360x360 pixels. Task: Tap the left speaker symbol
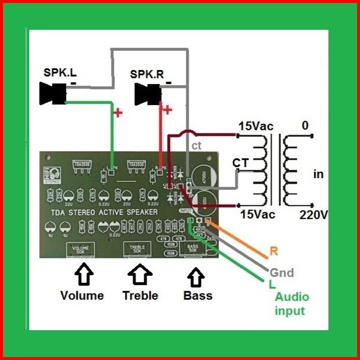tap(53, 94)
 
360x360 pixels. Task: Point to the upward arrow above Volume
tap(82, 274)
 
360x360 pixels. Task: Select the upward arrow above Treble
tap(140, 274)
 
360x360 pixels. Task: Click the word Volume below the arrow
tap(82, 295)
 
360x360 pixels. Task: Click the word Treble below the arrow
tap(140, 295)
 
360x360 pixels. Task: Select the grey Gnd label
tap(281, 272)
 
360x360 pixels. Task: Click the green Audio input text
tap(292, 303)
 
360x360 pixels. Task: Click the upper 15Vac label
tap(255, 126)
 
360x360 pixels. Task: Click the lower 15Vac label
tap(256, 214)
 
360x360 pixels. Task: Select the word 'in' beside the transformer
tap(319, 174)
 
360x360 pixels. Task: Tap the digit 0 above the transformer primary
tap(305, 126)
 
